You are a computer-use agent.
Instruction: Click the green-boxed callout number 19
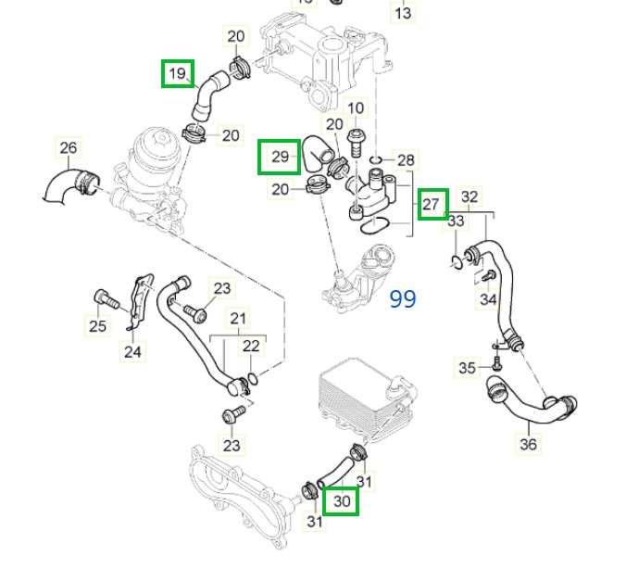click(x=178, y=72)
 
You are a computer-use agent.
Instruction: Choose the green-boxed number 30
click(x=343, y=501)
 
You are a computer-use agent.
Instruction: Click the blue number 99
click(x=403, y=298)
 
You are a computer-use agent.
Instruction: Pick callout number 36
click(x=528, y=443)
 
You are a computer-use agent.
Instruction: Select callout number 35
click(x=468, y=368)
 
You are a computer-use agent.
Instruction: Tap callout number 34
click(x=488, y=299)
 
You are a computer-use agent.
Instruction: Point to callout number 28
click(x=406, y=160)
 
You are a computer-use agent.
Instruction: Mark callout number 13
click(x=404, y=14)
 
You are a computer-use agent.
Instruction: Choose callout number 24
click(x=132, y=351)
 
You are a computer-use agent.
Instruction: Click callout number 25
click(x=97, y=325)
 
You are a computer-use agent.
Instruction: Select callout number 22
click(x=251, y=346)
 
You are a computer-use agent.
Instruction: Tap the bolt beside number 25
click(x=103, y=298)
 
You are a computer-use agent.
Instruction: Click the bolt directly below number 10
click(x=356, y=140)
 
